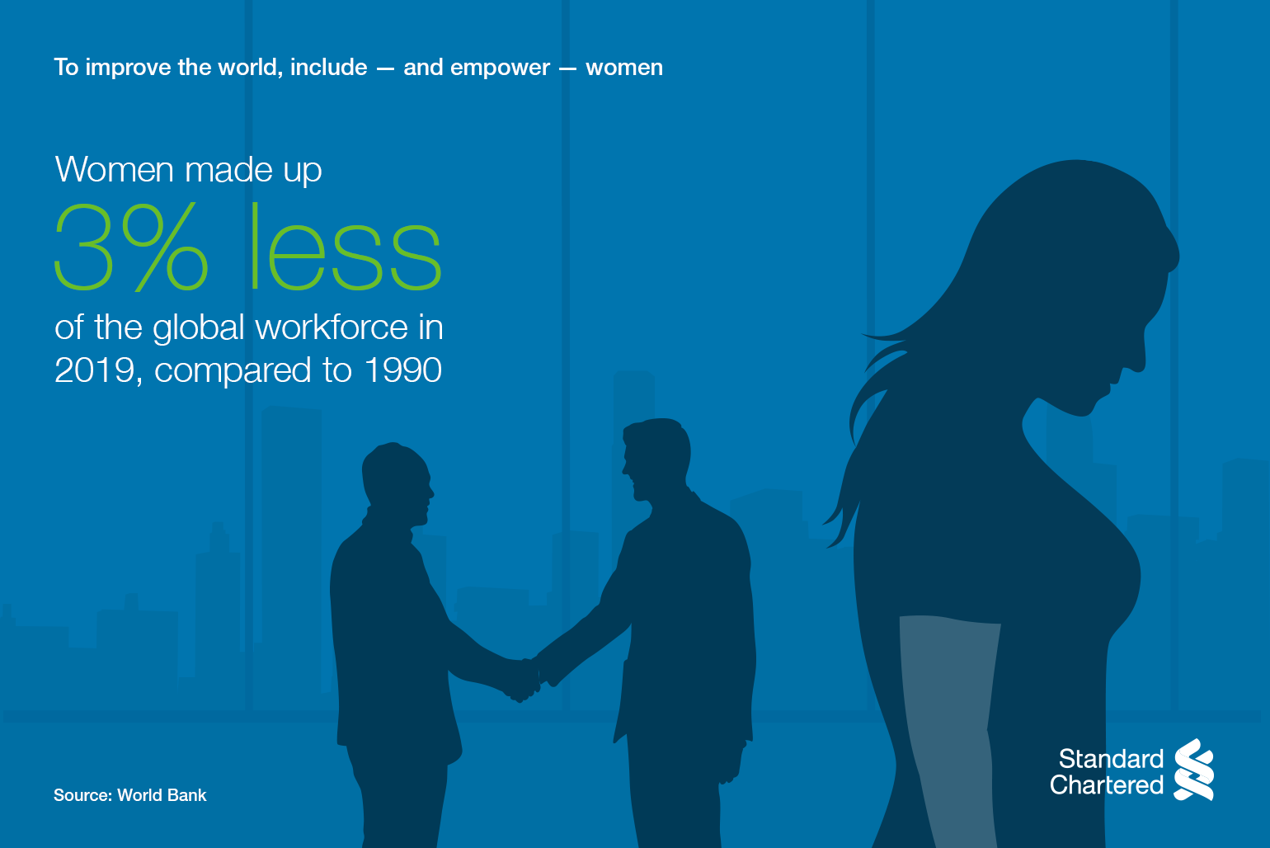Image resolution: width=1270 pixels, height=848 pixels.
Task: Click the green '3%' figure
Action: (x=132, y=247)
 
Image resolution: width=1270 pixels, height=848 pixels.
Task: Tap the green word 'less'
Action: (x=346, y=246)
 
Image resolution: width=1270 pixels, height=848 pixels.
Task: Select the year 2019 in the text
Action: (x=95, y=370)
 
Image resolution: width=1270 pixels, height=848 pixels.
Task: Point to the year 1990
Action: (x=402, y=370)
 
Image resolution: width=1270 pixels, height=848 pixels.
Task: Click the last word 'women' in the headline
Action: (x=624, y=68)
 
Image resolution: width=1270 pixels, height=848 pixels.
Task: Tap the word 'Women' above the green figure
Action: (x=114, y=169)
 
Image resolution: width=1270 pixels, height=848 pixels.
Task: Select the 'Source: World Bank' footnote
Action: (x=129, y=795)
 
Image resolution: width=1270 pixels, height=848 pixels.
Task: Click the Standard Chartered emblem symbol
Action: (x=1194, y=770)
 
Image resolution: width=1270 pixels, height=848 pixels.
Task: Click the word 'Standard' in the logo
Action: (x=1112, y=759)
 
